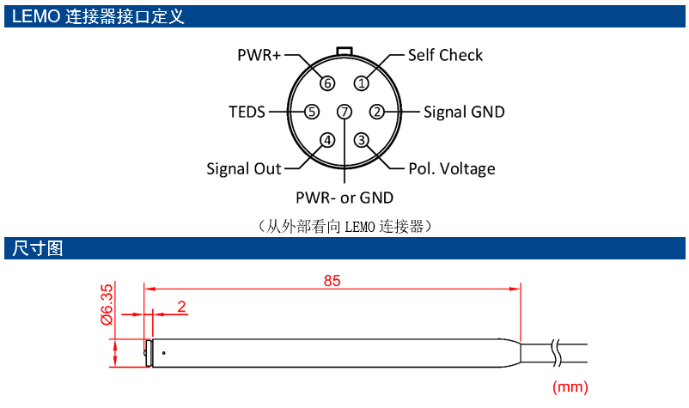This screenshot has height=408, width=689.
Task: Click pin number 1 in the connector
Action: click(362, 83)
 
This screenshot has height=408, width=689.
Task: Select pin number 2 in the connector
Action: click(376, 112)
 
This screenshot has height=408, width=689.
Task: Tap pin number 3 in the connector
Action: click(362, 140)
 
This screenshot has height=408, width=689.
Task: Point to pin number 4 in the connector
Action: click(327, 140)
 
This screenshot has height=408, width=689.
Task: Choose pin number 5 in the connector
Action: click(312, 112)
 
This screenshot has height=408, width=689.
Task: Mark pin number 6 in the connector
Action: click(327, 83)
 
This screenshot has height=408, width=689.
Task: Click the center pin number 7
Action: click(344, 112)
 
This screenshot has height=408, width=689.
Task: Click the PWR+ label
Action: click(259, 55)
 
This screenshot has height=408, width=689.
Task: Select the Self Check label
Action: click(445, 55)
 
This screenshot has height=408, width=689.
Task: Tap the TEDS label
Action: click(247, 112)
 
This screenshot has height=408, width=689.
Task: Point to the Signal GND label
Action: click(464, 112)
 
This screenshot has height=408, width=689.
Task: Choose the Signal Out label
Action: click(244, 168)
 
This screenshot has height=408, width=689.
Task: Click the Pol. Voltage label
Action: click(452, 168)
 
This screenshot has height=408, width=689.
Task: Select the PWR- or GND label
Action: click(344, 198)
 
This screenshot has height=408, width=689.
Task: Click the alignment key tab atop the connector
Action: click(344, 52)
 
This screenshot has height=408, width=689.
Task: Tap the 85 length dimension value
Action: click(332, 281)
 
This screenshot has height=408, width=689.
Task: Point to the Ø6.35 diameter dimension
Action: click(107, 304)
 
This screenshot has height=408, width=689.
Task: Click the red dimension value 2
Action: click(181, 306)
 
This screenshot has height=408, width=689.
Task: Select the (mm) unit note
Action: click(570, 387)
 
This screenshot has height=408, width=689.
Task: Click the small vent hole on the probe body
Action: click(163, 353)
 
